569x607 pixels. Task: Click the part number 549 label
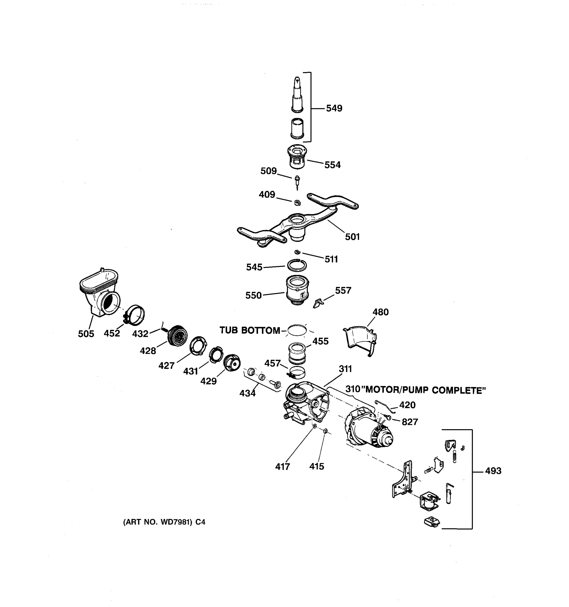click(x=334, y=109)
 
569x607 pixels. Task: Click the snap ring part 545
click(x=297, y=265)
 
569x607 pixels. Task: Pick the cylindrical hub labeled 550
click(x=297, y=289)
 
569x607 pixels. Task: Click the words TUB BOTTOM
click(x=250, y=330)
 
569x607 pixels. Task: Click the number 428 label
click(x=148, y=351)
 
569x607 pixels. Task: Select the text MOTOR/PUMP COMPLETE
click(x=426, y=390)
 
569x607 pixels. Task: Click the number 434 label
click(x=247, y=393)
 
